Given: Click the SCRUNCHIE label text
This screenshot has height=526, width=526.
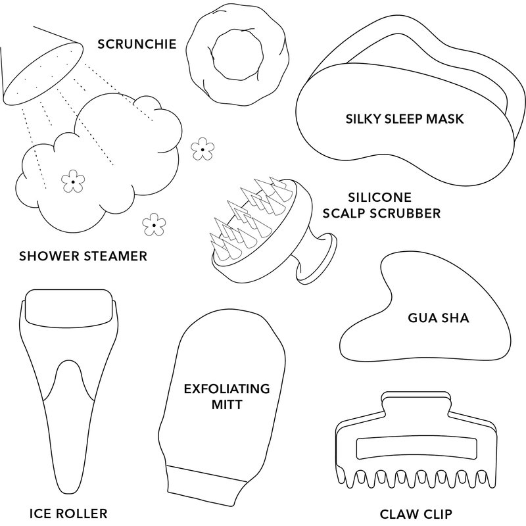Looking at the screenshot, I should tap(136, 45).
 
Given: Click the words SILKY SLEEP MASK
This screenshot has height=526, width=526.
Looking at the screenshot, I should tap(405, 120).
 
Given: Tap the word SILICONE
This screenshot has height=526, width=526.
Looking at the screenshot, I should tap(379, 197).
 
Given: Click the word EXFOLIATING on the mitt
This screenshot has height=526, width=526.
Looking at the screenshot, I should tap(227, 389).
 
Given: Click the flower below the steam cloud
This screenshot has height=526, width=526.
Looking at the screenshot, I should tap(154, 225).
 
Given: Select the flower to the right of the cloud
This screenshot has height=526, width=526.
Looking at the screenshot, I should tap(203, 149).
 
